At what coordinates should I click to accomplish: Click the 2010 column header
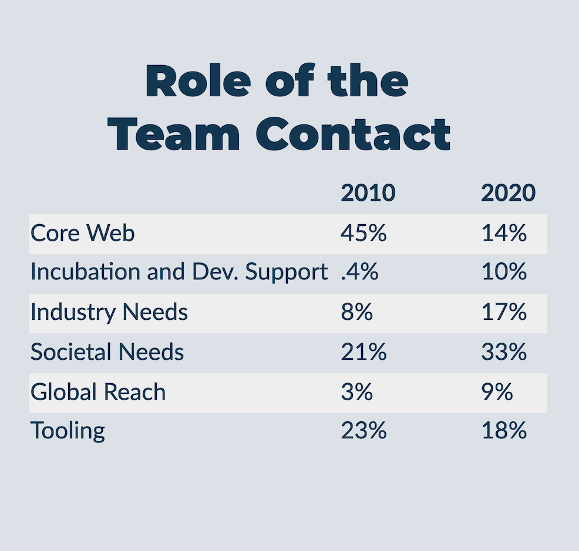coord(368,193)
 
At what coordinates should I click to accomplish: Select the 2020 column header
coord(509,193)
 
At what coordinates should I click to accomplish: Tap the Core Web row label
coord(83,234)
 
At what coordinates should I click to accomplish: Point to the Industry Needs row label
coord(109,312)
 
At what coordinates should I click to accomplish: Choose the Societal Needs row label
coord(107,352)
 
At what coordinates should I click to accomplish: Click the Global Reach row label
coord(98,392)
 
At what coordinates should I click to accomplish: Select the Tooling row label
coord(68,431)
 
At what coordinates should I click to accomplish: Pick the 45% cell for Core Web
coord(364,234)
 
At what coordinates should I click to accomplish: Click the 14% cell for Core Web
coord(504,234)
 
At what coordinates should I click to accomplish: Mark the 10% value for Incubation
coord(504,273)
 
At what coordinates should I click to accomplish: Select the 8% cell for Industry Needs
coord(356,312)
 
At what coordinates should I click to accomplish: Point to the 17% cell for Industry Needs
coord(504,312)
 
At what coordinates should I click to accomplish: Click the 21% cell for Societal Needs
coord(364,352)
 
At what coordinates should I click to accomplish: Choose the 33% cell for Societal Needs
coord(504,352)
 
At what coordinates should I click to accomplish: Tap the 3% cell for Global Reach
coord(356,392)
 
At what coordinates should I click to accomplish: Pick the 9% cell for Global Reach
coord(497,392)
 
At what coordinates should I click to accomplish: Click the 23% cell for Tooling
coord(364,431)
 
